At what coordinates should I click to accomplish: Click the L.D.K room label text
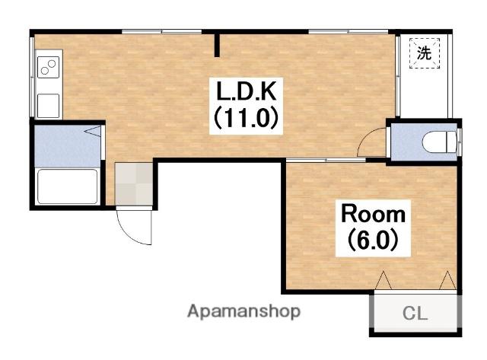(x=246, y=91)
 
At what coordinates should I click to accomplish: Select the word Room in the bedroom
(x=374, y=214)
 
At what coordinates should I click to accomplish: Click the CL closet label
(x=415, y=313)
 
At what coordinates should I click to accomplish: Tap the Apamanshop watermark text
(x=243, y=311)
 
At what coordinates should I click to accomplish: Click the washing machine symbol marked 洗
(x=425, y=53)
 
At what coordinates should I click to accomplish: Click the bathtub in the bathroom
(x=68, y=186)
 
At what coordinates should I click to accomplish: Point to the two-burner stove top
(x=48, y=67)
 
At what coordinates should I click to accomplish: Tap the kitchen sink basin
(x=48, y=106)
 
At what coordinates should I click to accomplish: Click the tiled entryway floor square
(x=134, y=184)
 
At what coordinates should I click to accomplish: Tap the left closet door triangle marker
(x=384, y=281)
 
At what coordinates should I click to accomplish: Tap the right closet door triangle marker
(x=448, y=281)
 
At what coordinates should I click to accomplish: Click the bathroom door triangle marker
(x=93, y=132)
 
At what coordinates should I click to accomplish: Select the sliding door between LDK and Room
(x=326, y=160)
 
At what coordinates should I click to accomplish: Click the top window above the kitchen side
(x=161, y=31)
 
